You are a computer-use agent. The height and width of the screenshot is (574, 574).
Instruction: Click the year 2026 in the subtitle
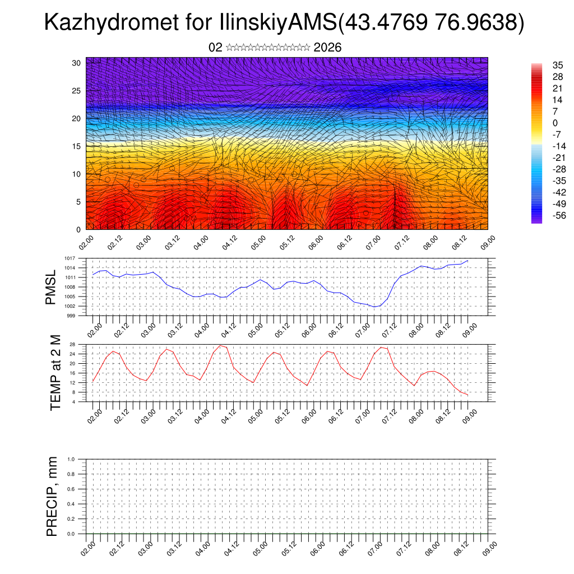pos(328,48)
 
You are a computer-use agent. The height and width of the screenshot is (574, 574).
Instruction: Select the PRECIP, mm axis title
pos(52,496)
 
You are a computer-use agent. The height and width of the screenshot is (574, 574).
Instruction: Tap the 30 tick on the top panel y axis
pos(77,63)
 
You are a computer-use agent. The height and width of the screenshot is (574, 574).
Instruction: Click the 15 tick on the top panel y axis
pos(77,146)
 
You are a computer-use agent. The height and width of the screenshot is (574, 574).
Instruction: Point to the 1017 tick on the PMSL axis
pos(70,258)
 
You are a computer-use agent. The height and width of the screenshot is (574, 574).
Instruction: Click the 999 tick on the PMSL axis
pos(72,316)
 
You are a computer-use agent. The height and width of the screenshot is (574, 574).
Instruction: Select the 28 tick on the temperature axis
pos(73,344)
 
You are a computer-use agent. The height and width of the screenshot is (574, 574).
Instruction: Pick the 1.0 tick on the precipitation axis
pos(71,459)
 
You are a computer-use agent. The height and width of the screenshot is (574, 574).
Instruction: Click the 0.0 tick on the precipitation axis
pos(71,534)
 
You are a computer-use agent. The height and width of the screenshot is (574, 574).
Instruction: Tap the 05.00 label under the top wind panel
pos(258,244)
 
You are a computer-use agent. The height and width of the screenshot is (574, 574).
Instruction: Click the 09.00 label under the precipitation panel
pos(488,549)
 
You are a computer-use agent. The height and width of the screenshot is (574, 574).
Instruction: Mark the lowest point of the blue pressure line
pos(374,307)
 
